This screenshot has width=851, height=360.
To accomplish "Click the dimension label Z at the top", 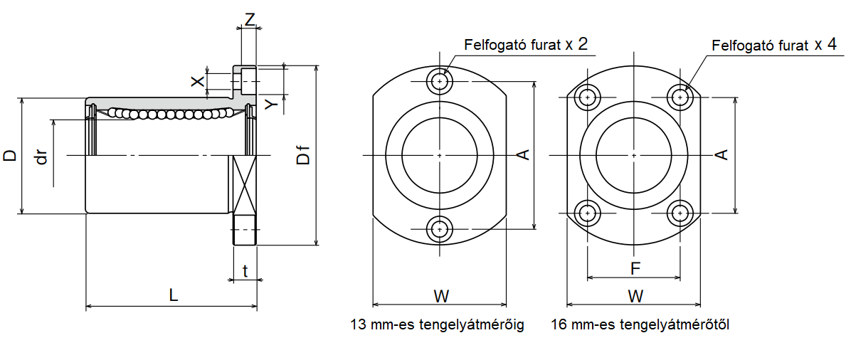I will pos(249,19).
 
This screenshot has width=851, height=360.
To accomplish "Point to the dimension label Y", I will pos(271,105).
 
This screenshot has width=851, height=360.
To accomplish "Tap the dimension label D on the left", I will pos(10,156).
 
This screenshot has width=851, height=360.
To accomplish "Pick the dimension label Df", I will pos(304,154).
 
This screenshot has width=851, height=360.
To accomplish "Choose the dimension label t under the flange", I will pos(245,270).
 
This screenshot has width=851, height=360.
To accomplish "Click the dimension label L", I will pos(173,295).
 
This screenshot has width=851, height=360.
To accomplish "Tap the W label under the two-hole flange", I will pos(441,295).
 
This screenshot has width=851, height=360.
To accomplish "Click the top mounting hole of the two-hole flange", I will pos(441,82).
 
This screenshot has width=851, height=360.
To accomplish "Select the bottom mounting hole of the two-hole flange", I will pos(441,228).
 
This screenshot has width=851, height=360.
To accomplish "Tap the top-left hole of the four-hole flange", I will pos(587,97).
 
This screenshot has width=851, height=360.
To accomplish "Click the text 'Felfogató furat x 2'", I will pos(526,46).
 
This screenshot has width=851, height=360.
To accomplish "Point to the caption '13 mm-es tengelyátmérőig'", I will pos(437,325).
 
